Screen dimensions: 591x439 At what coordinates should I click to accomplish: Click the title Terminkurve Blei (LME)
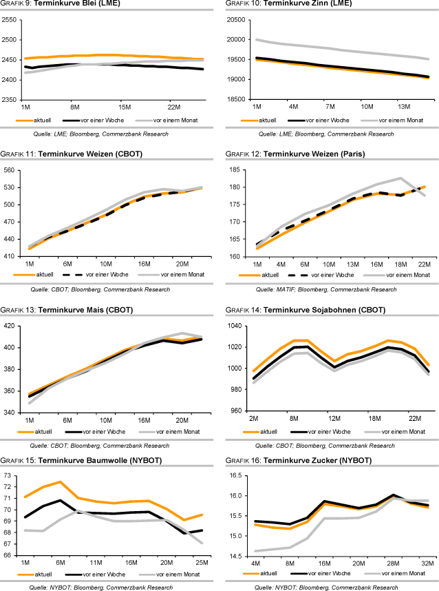[x=81, y=6]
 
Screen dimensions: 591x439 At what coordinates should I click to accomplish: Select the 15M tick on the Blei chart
[x=124, y=107]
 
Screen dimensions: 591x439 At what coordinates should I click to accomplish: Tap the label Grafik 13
[x=17, y=309]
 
